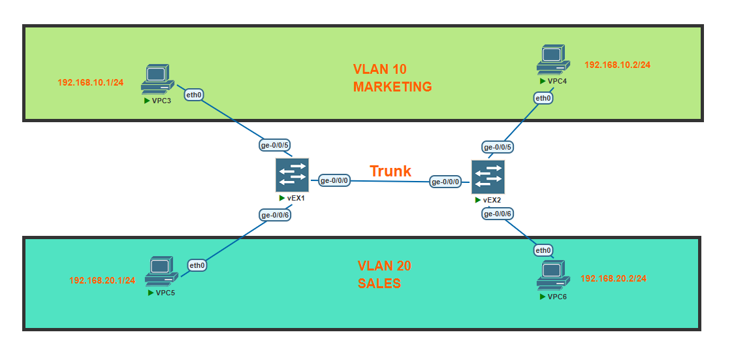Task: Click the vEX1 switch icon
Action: pyautogui.click(x=292, y=175)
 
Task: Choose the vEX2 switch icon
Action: pyautogui.click(x=488, y=177)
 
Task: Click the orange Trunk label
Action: pyautogui.click(x=391, y=171)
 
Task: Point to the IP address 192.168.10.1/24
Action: pyautogui.click(x=91, y=83)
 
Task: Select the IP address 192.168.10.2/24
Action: pyautogui.click(x=617, y=65)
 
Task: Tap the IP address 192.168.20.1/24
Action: pyautogui.click(x=102, y=280)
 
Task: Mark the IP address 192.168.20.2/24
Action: pyautogui.click(x=613, y=278)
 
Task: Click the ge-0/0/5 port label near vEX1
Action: pyautogui.click(x=275, y=146)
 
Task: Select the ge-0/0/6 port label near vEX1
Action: pyautogui.click(x=275, y=215)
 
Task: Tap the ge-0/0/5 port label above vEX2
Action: pyautogui.click(x=498, y=147)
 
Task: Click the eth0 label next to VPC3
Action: pyautogui.click(x=194, y=95)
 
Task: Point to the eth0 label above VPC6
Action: pyautogui.click(x=543, y=250)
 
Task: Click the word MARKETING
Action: pyautogui.click(x=392, y=87)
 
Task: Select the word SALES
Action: pyautogui.click(x=379, y=284)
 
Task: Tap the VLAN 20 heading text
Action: pyautogui.click(x=384, y=266)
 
